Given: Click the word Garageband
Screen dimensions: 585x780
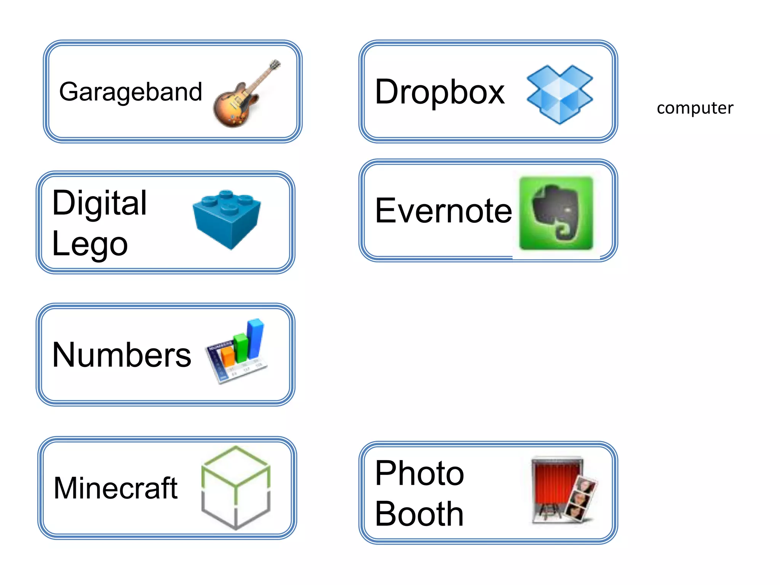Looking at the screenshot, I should tap(130, 92).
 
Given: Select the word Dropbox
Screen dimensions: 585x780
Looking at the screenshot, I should tap(440, 92).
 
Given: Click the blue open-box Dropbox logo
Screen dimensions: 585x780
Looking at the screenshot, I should tap(559, 94).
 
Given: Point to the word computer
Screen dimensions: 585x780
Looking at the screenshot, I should tap(695, 108).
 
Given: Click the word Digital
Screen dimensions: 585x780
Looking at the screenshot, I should tap(99, 203).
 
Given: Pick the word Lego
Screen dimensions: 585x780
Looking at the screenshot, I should tap(90, 244).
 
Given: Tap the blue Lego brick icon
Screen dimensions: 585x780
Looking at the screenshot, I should tap(227, 219).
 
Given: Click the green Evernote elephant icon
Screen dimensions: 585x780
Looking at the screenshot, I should tap(556, 213).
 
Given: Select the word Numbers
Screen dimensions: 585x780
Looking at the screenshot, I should tap(121, 355).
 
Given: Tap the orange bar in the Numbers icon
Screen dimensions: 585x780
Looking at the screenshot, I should tap(228, 356).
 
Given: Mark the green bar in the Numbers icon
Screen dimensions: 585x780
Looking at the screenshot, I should tap(241, 347).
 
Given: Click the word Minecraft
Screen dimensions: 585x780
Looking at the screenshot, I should tap(116, 488).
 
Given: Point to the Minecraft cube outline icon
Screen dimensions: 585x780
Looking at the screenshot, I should tap(236, 487).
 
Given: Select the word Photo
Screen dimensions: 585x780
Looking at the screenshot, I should tap(419, 473).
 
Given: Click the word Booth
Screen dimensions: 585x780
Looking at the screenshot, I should tap(419, 514).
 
